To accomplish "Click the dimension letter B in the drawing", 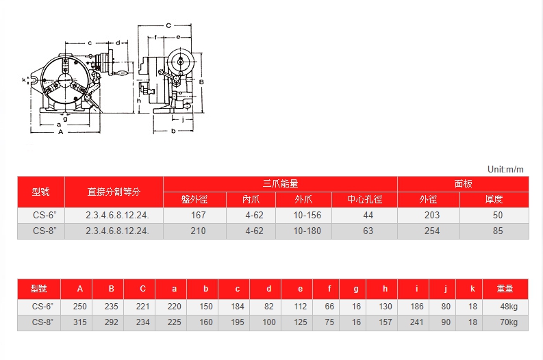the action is tap(201, 82).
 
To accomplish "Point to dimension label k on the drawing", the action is tap(24, 80).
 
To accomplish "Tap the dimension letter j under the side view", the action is tap(184, 119).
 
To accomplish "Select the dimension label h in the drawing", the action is tap(139, 101).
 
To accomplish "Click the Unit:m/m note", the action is tap(505, 169).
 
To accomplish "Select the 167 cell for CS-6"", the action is tap(198, 216).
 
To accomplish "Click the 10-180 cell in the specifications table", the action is tap(307, 231).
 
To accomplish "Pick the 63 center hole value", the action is tap(368, 231).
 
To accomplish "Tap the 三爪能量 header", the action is tap(280, 184).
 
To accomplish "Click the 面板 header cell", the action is tap(463, 184).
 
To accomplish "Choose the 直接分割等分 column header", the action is tap(114, 192).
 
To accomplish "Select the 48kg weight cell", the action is tap(509, 307).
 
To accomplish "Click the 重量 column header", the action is tap(505, 288).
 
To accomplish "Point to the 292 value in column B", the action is tap(111, 322).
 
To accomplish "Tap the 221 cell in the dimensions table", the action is tap(142, 307).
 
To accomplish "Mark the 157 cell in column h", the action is tap(385, 322).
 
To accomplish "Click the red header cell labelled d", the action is tap(268, 288).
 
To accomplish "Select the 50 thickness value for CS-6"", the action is tap(498, 216).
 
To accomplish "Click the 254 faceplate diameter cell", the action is tap(432, 231).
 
